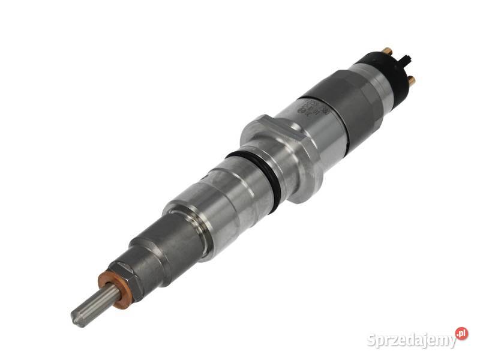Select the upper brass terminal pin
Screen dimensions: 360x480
pyautogui.click(x=387, y=52)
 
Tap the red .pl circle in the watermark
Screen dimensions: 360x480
pyautogui.click(x=461, y=334)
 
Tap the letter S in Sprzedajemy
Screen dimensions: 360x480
pyautogui.click(x=371, y=339)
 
